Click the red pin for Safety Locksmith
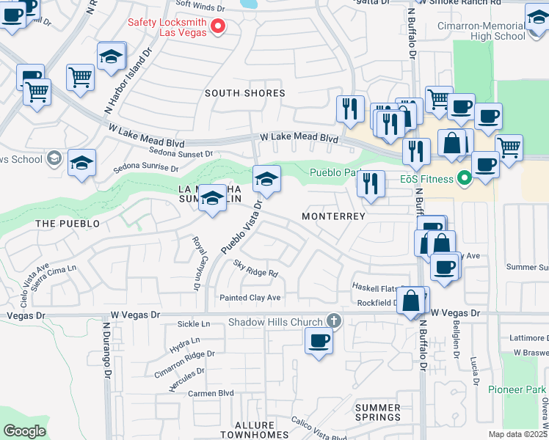click(x=218, y=27)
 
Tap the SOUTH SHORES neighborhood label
click(x=244, y=93)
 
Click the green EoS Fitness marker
click(x=463, y=177)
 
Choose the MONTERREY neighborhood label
click(x=333, y=216)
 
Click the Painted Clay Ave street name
click(x=250, y=298)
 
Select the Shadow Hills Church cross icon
click(x=333, y=321)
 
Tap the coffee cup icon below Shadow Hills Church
click(x=318, y=341)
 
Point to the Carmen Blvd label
click(x=200, y=394)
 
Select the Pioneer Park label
click(x=518, y=389)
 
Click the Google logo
click(x=24, y=431)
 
